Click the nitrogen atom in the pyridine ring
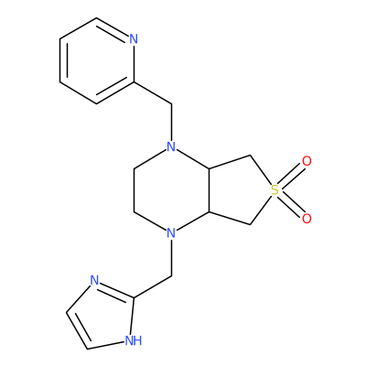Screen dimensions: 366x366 pos(134,39)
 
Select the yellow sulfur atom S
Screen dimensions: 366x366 pos(274,190)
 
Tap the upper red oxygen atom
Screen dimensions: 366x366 pos(307,161)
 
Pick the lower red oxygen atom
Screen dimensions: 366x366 pos(307,219)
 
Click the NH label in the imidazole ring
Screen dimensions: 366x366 pos(134,340)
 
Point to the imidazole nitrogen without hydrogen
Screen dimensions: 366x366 pos(94,280)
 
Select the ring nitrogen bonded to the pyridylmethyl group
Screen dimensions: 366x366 pos(172,147)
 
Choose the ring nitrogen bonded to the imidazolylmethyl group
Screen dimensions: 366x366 pos(172,233)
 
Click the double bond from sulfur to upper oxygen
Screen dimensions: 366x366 pos(291,176)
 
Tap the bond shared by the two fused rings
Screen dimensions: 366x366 pos(210,190)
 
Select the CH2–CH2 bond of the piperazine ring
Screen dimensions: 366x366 pos(135,190)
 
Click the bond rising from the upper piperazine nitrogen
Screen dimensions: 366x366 pos(172,123)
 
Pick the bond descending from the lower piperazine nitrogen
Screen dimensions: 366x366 pos(172,258)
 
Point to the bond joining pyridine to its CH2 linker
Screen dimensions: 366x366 pos(153,93)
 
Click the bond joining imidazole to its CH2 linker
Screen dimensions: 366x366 pos(153,286)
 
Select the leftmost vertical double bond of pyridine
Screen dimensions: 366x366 pos(63,60)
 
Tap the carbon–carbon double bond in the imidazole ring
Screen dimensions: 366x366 pos(78,328)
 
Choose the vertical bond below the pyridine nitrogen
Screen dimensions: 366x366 pos(134,64)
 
